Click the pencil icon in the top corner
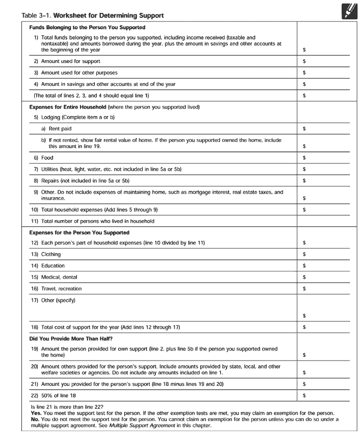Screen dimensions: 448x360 coord(349,10)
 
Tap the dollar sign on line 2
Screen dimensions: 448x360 coord(304,62)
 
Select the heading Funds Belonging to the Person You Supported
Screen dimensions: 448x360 coord(87,28)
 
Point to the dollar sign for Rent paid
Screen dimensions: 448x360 coord(304,129)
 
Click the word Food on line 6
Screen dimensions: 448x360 coord(47,158)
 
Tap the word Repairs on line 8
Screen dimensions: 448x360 coord(51,181)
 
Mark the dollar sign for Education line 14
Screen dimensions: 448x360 coord(304,266)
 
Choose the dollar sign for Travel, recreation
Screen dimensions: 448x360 coord(304,289)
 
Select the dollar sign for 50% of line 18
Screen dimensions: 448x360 coord(304,395)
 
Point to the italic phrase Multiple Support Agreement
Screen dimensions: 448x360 coord(142,426)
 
